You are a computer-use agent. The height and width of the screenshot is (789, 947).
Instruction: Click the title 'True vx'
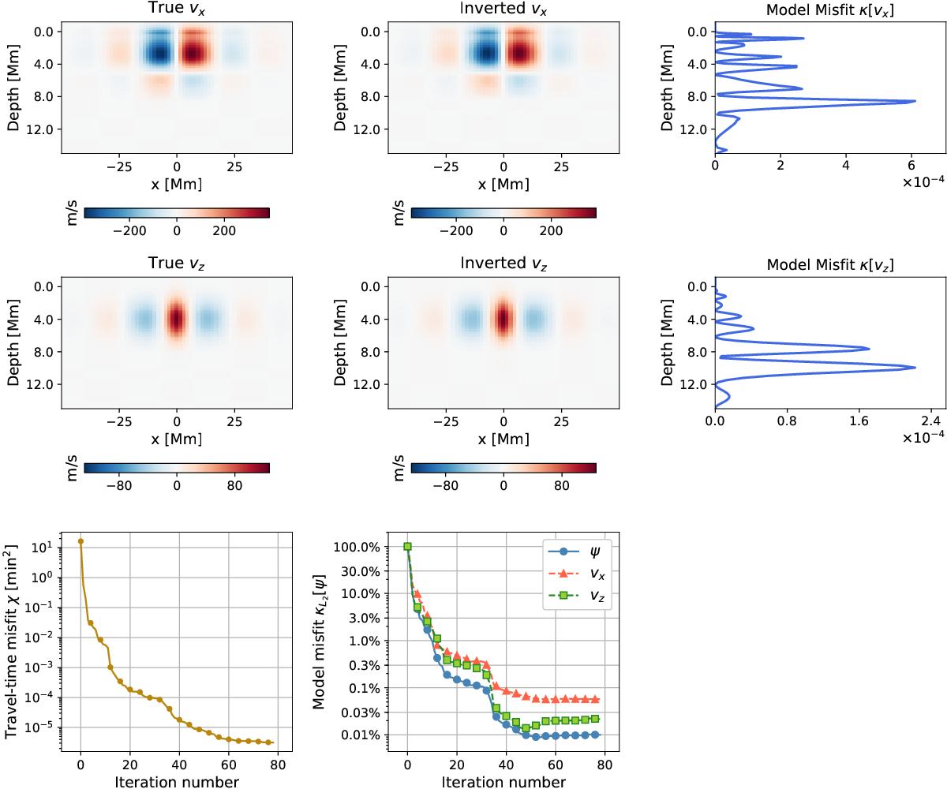(x=176, y=9)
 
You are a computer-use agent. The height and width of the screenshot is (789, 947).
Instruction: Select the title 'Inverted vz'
(x=503, y=265)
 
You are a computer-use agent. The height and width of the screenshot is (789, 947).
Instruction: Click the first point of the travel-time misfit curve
(x=80, y=541)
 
